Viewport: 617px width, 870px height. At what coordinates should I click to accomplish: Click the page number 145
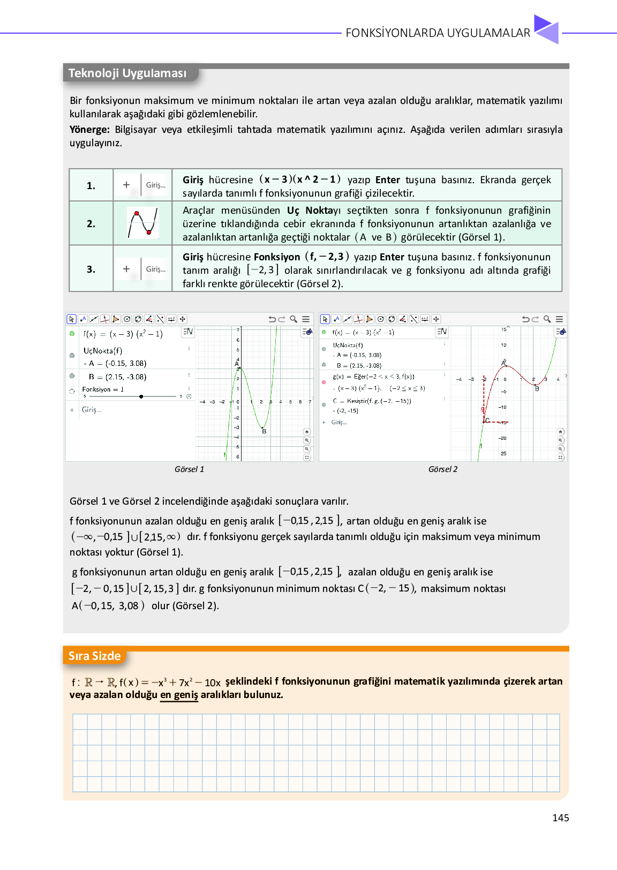560,817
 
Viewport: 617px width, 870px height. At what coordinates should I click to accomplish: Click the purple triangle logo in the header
546,29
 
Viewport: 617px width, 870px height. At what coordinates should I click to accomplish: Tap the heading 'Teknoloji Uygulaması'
127,73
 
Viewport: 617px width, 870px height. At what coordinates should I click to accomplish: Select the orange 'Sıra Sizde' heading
94,656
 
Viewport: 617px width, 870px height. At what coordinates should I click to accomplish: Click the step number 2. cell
91,223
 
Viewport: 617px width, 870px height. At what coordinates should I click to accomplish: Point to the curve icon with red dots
142,223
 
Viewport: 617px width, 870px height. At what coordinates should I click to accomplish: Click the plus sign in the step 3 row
126,269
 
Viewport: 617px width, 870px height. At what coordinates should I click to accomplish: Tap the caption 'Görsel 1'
189,469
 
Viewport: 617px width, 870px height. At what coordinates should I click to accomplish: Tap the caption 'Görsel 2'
442,469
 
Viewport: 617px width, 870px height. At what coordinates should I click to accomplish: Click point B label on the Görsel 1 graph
264,431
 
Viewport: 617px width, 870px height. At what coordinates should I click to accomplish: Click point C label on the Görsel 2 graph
487,420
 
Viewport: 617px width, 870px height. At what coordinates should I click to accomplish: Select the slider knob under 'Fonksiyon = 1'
141,396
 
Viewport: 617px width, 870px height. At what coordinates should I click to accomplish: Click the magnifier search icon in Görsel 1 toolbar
294,319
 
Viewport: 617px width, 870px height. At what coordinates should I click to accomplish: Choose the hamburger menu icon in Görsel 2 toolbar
559,319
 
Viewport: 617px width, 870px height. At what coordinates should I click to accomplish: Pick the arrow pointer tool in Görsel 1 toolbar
72,319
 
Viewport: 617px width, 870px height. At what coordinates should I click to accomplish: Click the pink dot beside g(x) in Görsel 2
323,382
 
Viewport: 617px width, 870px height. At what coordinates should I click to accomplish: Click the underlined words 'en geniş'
179,695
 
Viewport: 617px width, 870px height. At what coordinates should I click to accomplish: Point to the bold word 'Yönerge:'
89,130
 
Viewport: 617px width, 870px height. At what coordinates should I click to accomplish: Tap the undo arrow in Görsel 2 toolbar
525,319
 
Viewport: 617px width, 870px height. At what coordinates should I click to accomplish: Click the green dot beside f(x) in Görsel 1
72,334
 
